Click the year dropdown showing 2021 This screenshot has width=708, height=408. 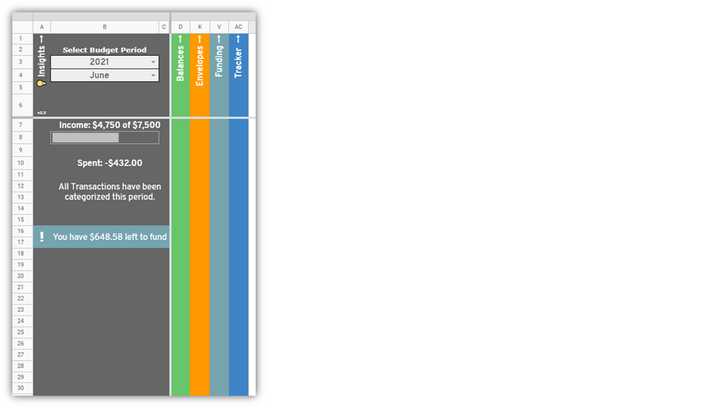tap(104, 62)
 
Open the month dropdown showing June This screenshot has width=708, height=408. tap(104, 75)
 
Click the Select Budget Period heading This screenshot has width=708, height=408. tap(104, 50)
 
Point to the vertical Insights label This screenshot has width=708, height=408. tap(41, 57)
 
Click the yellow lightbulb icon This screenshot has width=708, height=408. tap(41, 83)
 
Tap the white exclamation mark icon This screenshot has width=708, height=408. tap(42, 237)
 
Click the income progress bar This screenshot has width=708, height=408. tap(104, 137)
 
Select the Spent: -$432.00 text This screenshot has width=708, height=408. tap(110, 163)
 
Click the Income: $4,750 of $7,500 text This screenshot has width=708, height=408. tap(110, 125)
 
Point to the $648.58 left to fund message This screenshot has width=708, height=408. tap(110, 237)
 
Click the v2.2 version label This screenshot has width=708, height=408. tap(41, 112)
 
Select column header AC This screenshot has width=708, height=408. tap(238, 27)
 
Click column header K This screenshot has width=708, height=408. tap(200, 27)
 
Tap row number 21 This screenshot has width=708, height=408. tap(21, 288)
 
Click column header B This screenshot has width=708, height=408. tap(104, 27)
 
